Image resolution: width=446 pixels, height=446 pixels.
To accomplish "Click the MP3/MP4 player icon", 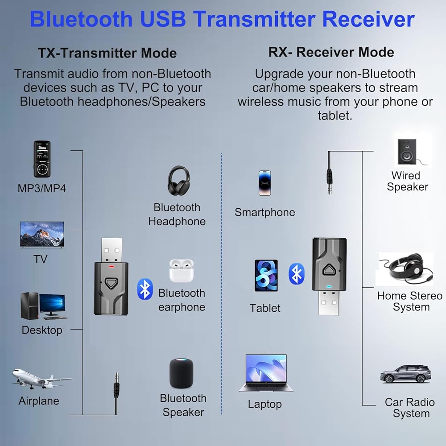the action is [42, 159].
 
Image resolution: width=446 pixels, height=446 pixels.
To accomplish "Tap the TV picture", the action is [42, 235].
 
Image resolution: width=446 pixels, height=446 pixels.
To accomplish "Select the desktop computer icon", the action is [43, 306].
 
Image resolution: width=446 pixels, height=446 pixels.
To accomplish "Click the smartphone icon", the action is [264, 183].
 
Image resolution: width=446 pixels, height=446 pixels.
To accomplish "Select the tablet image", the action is [266, 276].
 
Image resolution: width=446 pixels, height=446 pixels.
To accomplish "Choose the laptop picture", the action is [266, 373].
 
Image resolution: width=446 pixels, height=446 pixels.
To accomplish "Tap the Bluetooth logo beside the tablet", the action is [297, 273].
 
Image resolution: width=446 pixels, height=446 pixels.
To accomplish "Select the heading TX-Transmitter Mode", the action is [107, 53].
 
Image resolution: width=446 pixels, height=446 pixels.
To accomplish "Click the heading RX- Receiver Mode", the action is [331, 52].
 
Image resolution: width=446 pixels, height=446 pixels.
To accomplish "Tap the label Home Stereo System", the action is [409, 301].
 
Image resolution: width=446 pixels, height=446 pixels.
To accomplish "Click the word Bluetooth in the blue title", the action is [81, 20].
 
